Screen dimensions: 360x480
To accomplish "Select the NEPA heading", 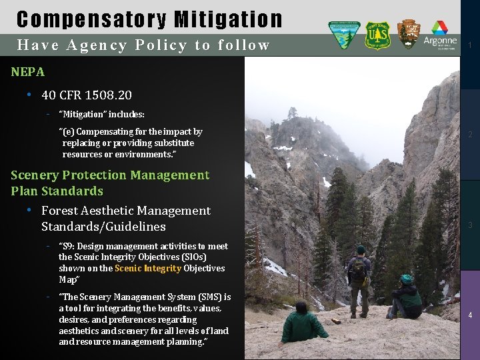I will tap(28, 72).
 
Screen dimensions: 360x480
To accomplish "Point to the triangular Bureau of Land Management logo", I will tap(344, 35).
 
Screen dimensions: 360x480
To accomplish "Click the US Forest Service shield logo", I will tap(378, 35).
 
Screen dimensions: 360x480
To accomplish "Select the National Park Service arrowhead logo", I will tap(408, 34).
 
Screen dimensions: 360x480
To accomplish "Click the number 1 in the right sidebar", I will tap(470, 45).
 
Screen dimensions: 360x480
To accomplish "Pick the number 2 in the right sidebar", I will tap(470, 135).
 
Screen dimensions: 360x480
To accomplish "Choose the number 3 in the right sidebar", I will tap(470, 225).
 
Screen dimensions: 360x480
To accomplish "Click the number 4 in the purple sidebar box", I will tap(470, 315).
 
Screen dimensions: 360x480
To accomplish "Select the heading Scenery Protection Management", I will tap(110, 175).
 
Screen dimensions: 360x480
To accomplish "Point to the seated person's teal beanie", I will tap(407, 279).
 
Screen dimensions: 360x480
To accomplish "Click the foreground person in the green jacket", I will tap(303, 325).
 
